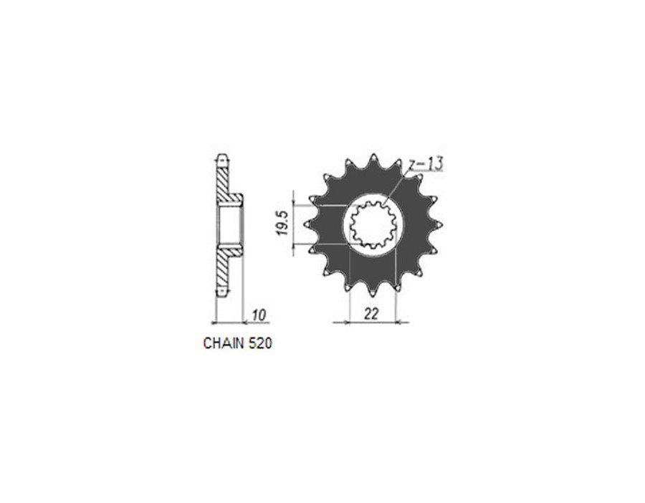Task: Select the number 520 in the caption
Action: (259, 343)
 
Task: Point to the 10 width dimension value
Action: (259, 315)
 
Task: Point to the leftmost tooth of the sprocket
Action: (308, 225)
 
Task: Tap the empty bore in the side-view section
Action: (231, 225)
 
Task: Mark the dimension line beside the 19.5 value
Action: (295, 225)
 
